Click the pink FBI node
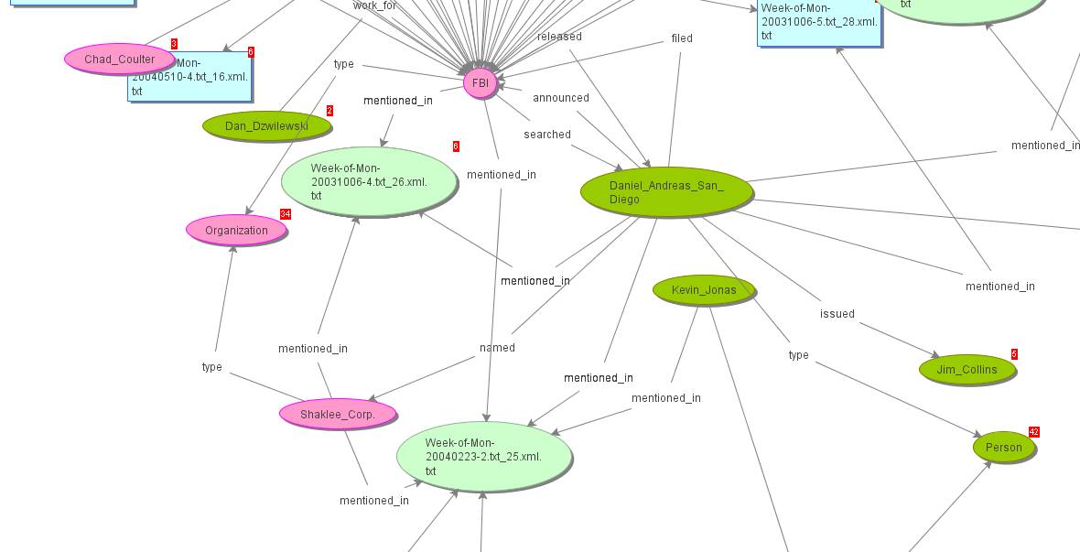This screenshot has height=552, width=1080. point(481,83)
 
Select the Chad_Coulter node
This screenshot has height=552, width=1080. point(120,60)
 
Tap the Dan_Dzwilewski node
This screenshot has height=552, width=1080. point(266,125)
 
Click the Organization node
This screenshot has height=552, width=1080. point(236,231)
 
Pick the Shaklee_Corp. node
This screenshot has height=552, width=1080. point(337,414)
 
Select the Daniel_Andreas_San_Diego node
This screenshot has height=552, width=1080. point(666,192)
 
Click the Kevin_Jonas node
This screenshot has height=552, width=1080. point(703,290)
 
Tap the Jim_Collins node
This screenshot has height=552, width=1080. point(967,370)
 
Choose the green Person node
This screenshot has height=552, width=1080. point(1003,448)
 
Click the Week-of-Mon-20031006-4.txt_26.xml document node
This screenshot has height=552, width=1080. point(369,181)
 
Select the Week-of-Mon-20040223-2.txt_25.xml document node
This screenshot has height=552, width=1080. point(483,456)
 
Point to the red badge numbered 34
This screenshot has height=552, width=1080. point(286,214)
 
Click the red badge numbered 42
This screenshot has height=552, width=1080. point(1034,432)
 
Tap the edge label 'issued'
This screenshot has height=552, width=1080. point(837,314)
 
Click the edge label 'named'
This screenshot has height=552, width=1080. point(497,348)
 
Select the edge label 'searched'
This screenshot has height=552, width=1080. point(547,135)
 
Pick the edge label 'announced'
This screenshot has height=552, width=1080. point(561,98)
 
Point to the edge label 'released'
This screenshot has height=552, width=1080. point(559,37)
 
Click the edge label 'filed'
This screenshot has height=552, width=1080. point(682,38)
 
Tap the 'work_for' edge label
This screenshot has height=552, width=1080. point(374,5)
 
